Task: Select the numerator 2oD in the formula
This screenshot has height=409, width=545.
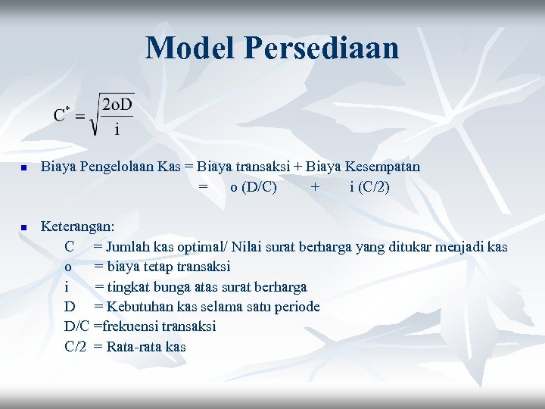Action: coord(117,104)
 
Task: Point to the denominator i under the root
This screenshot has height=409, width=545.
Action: coord(117,130)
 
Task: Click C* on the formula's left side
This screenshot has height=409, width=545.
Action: coord(62,115)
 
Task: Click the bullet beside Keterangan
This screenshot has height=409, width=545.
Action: coord(23,227)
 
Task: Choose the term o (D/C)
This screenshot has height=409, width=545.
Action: coord(254,186)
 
